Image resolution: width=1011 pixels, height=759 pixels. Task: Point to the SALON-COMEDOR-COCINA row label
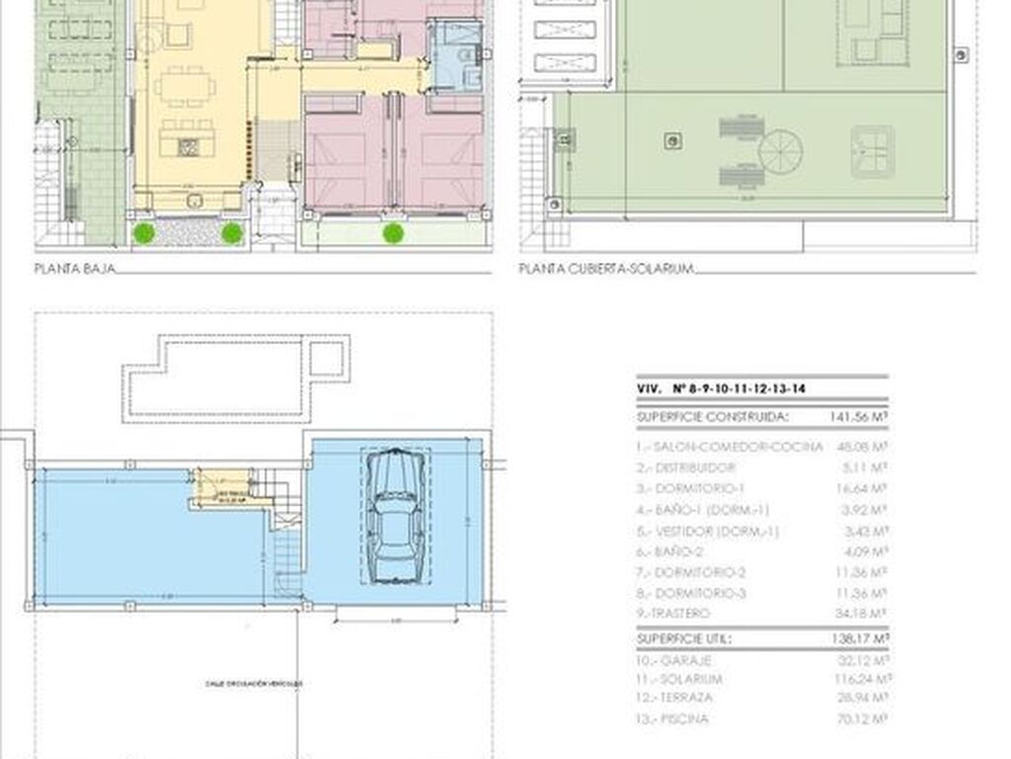[x=730, y=447]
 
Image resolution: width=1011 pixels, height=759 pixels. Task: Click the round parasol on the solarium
[x=780, y=151]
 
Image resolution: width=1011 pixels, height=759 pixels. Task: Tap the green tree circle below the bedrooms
[x=393, y=233]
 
